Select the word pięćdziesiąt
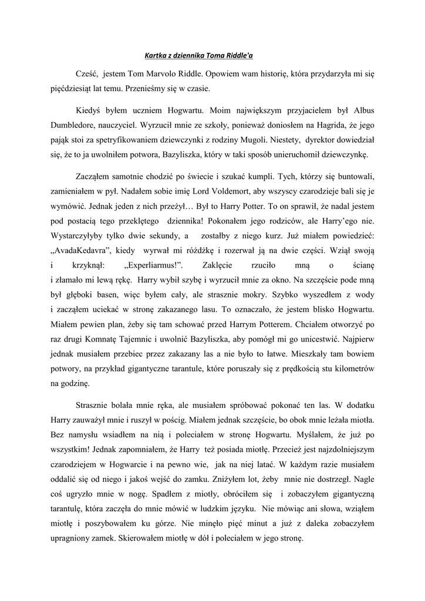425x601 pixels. (x=71, y=91)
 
